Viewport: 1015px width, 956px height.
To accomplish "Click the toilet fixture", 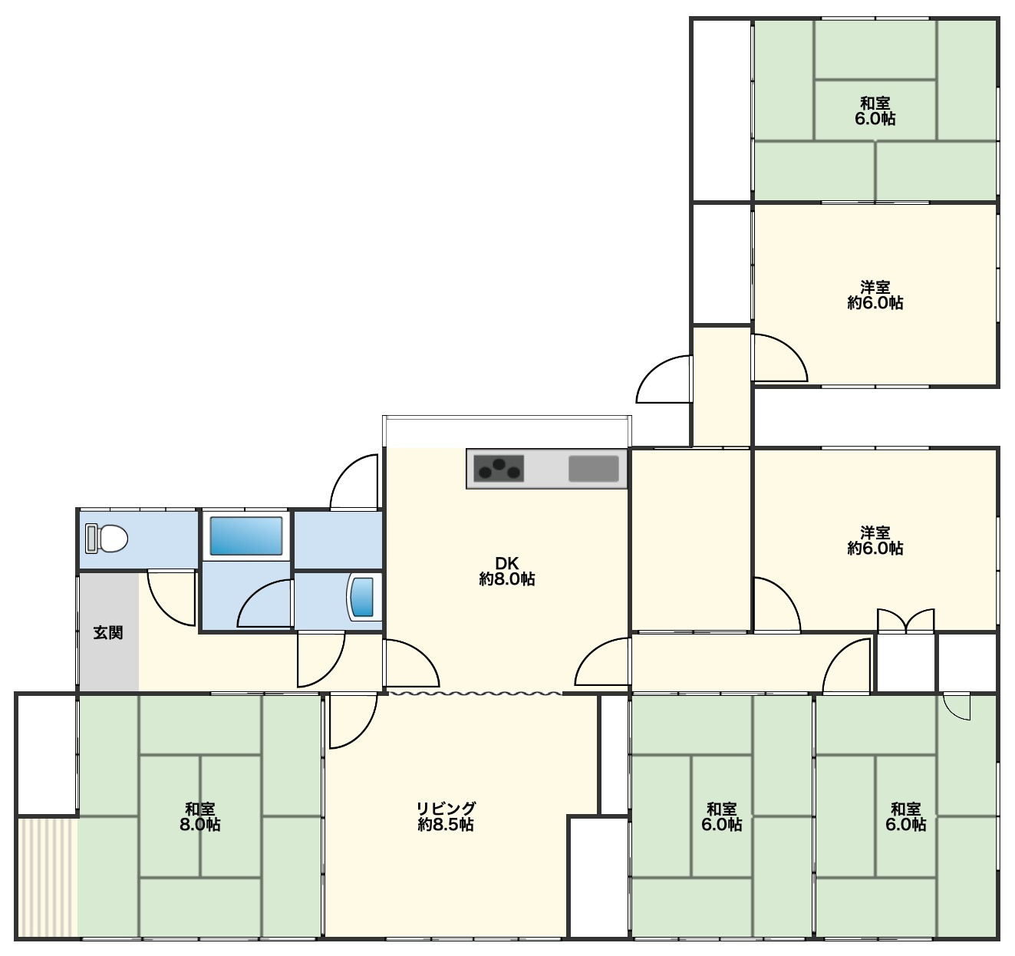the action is (x=107, y=539).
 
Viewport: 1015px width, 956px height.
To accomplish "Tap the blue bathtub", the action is (x=246, y=536).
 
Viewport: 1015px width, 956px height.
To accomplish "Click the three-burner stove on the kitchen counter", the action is (x=499, y=468).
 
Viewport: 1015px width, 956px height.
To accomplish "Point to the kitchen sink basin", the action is (x=593, y=469).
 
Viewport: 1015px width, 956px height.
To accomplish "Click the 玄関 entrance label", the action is (x=108, y=633).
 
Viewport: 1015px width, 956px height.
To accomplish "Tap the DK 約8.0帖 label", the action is (x=507, y=571).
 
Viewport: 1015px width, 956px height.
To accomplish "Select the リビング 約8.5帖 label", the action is (x=446, y=816).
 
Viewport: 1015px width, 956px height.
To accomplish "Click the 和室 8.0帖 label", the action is (x=199, y=816).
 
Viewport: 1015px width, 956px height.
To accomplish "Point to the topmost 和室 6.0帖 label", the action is (x=875, y=111).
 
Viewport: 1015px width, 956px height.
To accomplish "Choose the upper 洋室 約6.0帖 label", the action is (x=875, y=295).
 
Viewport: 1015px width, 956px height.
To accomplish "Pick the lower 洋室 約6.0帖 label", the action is (x=875, y=540).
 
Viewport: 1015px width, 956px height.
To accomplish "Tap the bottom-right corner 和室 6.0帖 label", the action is (x=905, y=816).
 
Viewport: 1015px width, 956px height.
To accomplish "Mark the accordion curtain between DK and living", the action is (x=476, y=694).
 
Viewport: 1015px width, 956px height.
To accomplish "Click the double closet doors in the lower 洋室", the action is (x=905, y=621).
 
